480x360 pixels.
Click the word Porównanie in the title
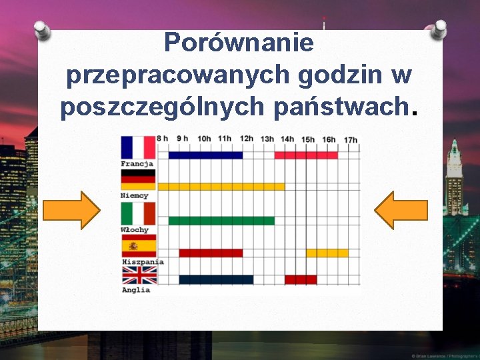[x=239, y=43]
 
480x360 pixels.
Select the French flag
[x=138, y=147]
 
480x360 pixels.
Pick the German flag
[x=138, y=180]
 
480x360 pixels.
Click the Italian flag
[x=138, y=213]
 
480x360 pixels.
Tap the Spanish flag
[x=138, y=245]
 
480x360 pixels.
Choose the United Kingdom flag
[x=138, y=275]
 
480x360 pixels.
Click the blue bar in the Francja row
[x=205, y=155]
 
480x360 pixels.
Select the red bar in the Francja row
[x=306, y=155]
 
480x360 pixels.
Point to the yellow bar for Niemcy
[x=221, y=187]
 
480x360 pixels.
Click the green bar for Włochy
[x=221, y=221]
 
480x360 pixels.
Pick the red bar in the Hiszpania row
[x=211, y=253]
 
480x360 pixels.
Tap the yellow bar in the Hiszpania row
[x=327, y=253]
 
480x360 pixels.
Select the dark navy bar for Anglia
[x=216, y=279]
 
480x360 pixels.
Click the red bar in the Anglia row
[x=301, y=279]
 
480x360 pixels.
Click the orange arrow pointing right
[x=71, y=210]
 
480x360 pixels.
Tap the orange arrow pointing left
[x=401, y=210]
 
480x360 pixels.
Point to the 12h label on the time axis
[x=247, y=139]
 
